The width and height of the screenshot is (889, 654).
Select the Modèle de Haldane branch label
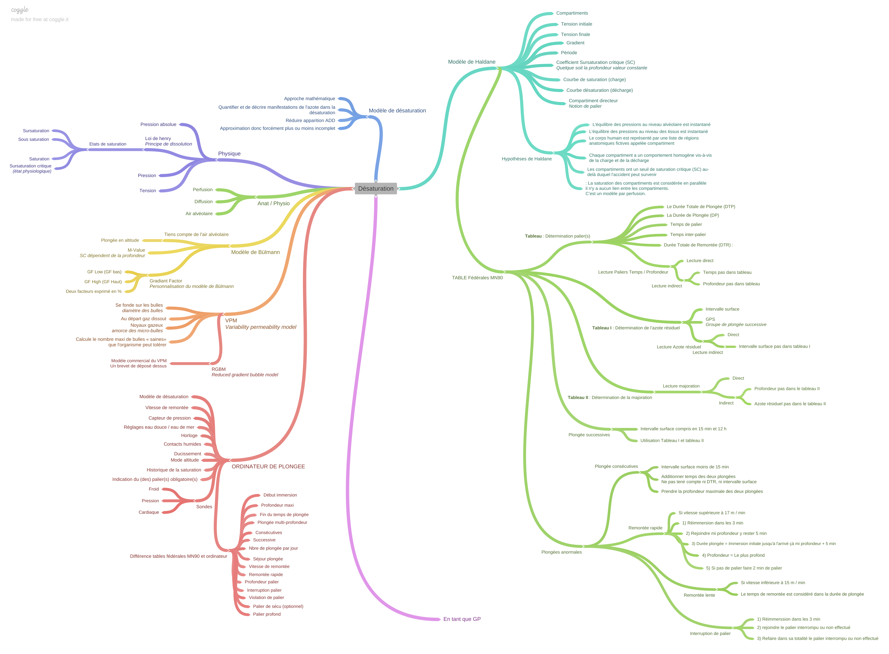click(x=471, y=62)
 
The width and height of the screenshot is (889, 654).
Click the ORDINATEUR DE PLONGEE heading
click(x=268, y=466)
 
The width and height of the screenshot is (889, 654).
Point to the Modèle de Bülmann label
click(x=255, y=252)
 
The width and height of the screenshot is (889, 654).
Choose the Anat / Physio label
click(x=273, y=203)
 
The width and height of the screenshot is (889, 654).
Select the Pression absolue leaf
click(x=158, y=124)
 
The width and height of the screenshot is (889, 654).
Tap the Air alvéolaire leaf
click(x=199, y=214)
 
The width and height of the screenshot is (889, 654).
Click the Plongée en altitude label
click(x=120, y=240)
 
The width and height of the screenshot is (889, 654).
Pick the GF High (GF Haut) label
click(x=103, y=282)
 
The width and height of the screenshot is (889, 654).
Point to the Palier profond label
click(x=267, y=614)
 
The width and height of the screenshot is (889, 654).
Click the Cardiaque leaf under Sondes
click(x=149, y=512)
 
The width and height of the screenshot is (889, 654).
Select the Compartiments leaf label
click(x=572, y=13)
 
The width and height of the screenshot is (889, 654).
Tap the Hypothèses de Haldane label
click(x=526, y=159)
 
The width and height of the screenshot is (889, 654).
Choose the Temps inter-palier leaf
click(x=688, y=235)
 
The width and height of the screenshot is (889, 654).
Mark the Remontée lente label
click(x=699, y=595)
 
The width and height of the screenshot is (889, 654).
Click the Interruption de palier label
click(x=710, y=633)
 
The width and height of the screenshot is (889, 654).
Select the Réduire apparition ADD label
click(x=310, y=120)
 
